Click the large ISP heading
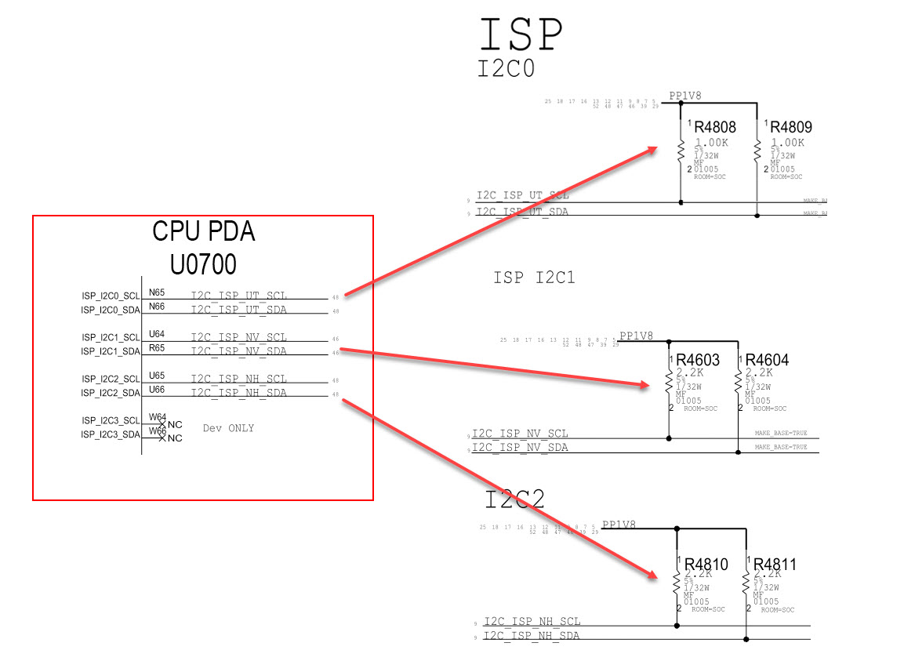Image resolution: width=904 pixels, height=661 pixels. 521,35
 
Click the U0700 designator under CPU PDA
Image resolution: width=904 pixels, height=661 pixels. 202,265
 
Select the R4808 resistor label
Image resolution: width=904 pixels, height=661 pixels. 714,127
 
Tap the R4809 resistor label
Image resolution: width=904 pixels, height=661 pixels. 790,127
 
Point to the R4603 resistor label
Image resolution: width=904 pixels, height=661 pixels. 698,360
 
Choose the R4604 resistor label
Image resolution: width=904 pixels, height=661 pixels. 767,360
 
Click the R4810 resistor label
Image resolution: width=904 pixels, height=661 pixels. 706,564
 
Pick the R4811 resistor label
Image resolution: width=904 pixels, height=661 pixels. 775,564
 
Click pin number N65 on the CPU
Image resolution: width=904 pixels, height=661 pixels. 157,292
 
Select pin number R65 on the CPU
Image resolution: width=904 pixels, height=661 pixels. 157,347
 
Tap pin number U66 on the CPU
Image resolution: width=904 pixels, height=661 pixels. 157,389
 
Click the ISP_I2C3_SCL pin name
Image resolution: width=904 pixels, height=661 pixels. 111,420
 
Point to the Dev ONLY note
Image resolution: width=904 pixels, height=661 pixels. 228,428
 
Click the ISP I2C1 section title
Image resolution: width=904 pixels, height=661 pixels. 534,278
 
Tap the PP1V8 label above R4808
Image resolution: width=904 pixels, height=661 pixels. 685,96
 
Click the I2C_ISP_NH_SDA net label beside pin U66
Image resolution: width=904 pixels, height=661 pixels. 239,392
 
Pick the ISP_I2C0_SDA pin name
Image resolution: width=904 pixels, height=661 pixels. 111,311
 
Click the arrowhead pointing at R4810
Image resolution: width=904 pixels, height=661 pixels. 652,575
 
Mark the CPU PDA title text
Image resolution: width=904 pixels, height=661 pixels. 203,232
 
